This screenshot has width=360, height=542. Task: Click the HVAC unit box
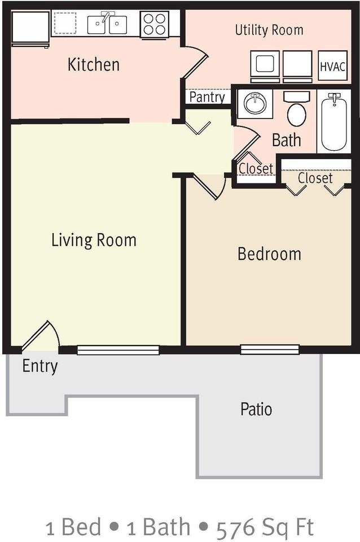point(332,65)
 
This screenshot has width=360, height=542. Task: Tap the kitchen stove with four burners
point(155,24)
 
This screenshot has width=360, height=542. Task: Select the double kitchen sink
point(107,24)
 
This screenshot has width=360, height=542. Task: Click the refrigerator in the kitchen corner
point(30,29)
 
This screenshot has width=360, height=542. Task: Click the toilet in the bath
point(296,109)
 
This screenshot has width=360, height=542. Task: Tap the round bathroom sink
point(255,103)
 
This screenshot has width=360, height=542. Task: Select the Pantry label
point(207,97)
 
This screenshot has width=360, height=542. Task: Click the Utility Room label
point(269,30)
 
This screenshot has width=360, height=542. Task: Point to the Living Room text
point(94,241)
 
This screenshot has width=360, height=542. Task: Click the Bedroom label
point(270,253)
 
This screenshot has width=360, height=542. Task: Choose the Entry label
point(40,366)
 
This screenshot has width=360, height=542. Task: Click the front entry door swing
point(36,335)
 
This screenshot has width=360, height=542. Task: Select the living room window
point(118,350)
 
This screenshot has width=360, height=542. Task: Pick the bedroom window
point(270,349)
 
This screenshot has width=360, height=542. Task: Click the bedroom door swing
point(207,186)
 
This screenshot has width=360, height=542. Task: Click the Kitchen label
point(94,64)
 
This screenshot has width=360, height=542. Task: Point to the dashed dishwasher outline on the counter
point(65,23)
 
